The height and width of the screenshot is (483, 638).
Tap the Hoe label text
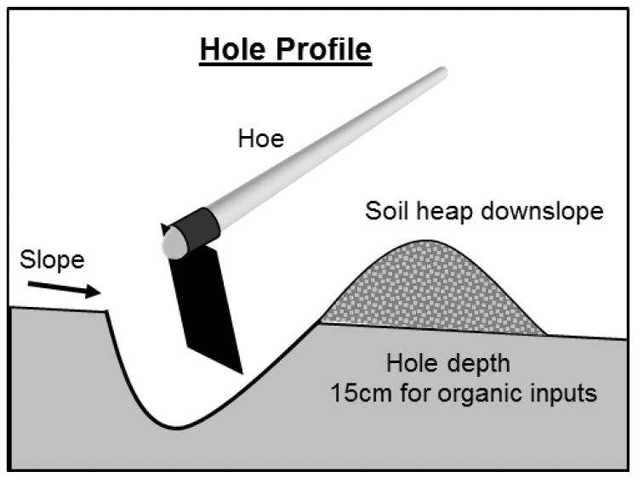(259, 138)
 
